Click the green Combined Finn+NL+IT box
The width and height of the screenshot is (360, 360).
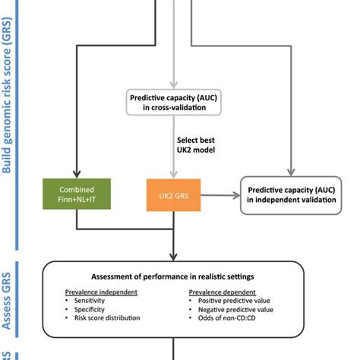pos(77,195)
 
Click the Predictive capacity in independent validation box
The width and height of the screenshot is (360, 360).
pos(291,195)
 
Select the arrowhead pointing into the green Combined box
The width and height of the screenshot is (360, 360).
pos(77,174)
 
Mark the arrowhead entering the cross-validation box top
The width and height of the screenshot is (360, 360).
pos(175,82)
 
